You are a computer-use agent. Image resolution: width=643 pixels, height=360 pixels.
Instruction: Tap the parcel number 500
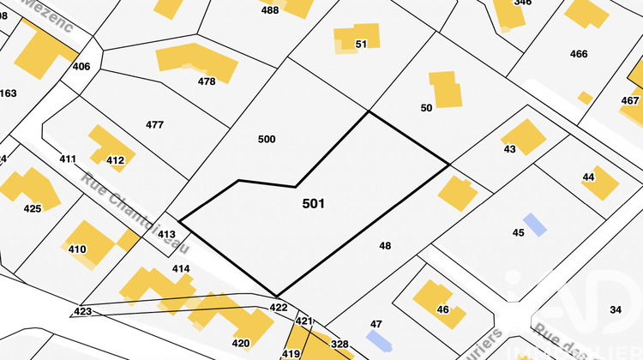pos(267,139)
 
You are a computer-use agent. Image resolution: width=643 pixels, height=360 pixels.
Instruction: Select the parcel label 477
pos(154,125)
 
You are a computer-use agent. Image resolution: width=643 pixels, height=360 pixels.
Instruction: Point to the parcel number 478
pos(206,82)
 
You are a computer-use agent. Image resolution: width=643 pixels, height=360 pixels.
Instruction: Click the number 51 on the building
pos(361,44)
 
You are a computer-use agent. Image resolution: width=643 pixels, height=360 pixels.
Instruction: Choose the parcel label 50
pos(426,108)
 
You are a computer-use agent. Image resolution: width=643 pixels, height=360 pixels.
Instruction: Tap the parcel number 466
pos(579,54)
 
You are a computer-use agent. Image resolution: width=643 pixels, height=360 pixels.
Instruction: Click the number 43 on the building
pos(510,149)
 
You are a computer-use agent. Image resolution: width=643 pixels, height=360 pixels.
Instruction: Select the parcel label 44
pos(588,177)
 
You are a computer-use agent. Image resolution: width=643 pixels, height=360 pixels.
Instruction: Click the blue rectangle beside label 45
pos(534,225)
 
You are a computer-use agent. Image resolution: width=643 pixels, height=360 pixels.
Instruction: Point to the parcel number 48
pos(385,246)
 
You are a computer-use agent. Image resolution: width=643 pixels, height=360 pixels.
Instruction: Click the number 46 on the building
pos(442,309)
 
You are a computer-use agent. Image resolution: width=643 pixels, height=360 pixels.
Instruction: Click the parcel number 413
pos(166,234)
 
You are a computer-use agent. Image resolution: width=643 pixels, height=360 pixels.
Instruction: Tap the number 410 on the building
pos(77,249)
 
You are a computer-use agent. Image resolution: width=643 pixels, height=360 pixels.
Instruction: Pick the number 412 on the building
pos(115,160)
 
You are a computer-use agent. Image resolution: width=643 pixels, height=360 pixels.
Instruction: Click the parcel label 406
pos(81,66)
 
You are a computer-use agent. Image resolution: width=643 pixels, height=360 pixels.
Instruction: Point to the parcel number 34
pos(615,309)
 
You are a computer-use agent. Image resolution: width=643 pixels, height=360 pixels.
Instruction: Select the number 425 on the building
pos(33,208)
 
